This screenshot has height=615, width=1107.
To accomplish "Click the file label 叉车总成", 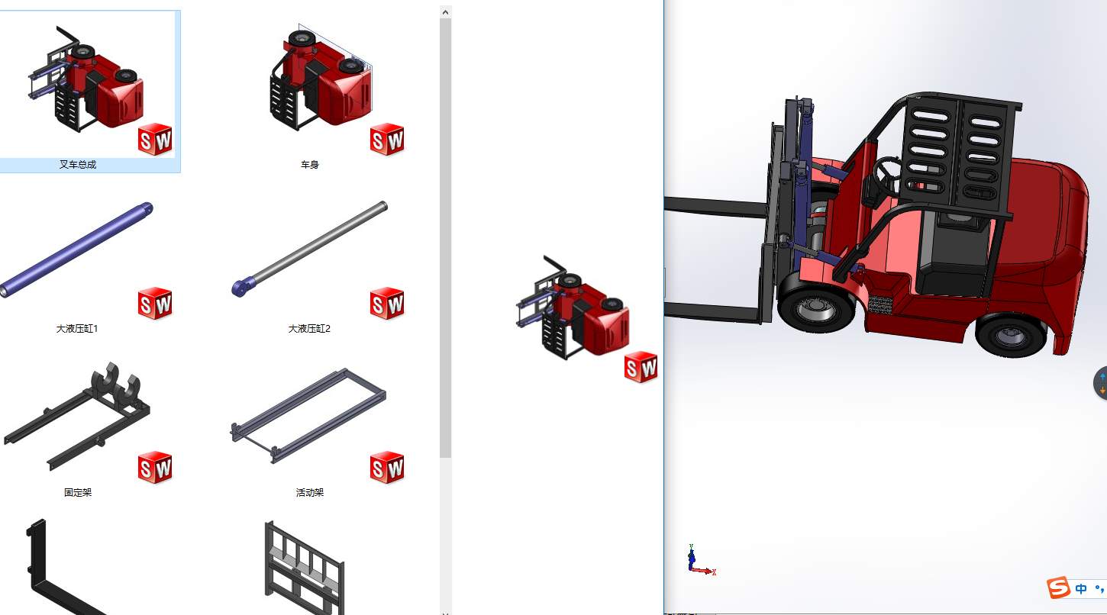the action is pos(78,165).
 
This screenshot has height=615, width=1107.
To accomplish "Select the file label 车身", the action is pos(310,165).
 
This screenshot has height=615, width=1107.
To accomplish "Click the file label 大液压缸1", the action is pos(77,329).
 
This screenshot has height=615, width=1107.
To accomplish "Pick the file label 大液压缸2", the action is pos(309,329).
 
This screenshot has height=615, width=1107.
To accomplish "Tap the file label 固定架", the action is pos(78,492).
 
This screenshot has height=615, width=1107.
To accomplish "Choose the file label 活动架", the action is pos(310,492).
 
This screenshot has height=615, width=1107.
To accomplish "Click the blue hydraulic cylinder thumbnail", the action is pos(76,250).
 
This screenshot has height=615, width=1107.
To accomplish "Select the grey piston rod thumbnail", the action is pos(310,249).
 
